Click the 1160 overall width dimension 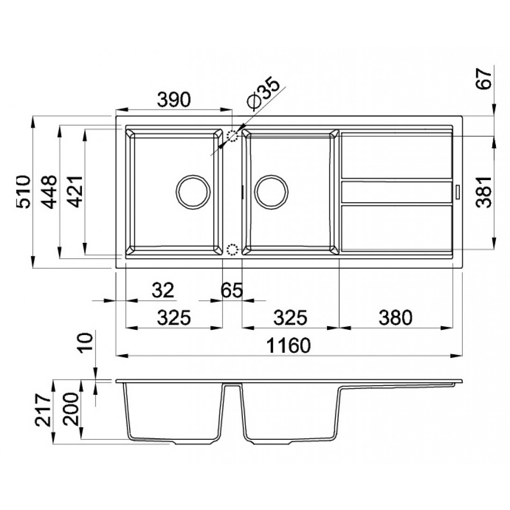point(289,345)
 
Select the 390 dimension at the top point(174,100)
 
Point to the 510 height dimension point(24,192)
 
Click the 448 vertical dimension point(50,192)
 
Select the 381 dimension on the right point(483,192)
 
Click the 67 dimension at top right point(483,79)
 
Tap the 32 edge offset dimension point(163,290)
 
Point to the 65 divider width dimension point(232,290)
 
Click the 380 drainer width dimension point(395,317)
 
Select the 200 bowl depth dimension point(71,409)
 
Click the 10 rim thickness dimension point(86,342)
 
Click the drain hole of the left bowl point(193,192)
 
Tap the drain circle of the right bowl point(271,192)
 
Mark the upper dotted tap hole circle point(232,136)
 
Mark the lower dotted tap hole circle point(232,249)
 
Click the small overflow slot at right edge point(457,191)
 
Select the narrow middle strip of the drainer point(396,192)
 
